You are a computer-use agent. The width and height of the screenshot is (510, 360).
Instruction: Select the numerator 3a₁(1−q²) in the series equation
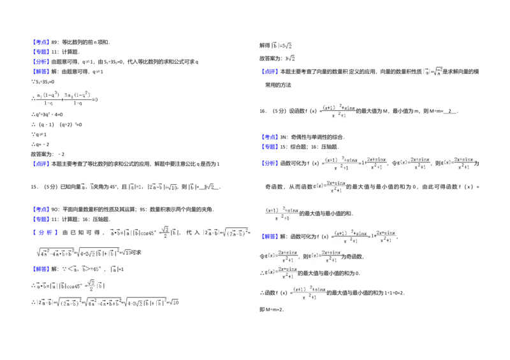click(x=78, y=94)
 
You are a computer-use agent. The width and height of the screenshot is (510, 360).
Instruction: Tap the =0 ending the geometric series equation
click(x=97, y=99)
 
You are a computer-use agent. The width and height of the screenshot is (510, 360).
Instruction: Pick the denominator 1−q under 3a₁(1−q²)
click(x=78, y=103)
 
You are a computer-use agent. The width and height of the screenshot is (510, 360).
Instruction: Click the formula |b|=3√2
click(x=279, y=45)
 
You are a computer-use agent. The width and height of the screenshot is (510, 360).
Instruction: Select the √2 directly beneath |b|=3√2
click(x=291, y=59)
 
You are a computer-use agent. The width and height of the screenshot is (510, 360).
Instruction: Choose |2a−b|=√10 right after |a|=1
click(x=163, y=187)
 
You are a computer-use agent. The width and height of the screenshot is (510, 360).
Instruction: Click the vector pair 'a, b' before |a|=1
click(x=87, y=187)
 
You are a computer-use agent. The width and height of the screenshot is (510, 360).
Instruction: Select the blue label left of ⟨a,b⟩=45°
click(x=41, y=269)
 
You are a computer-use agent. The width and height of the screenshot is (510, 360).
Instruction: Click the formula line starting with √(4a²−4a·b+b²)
click(x=84, y=252)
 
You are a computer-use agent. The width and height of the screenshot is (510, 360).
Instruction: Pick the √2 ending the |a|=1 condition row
click(x=209, y=187)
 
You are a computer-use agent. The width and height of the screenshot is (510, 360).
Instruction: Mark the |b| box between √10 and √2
click(x=191, y=187)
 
